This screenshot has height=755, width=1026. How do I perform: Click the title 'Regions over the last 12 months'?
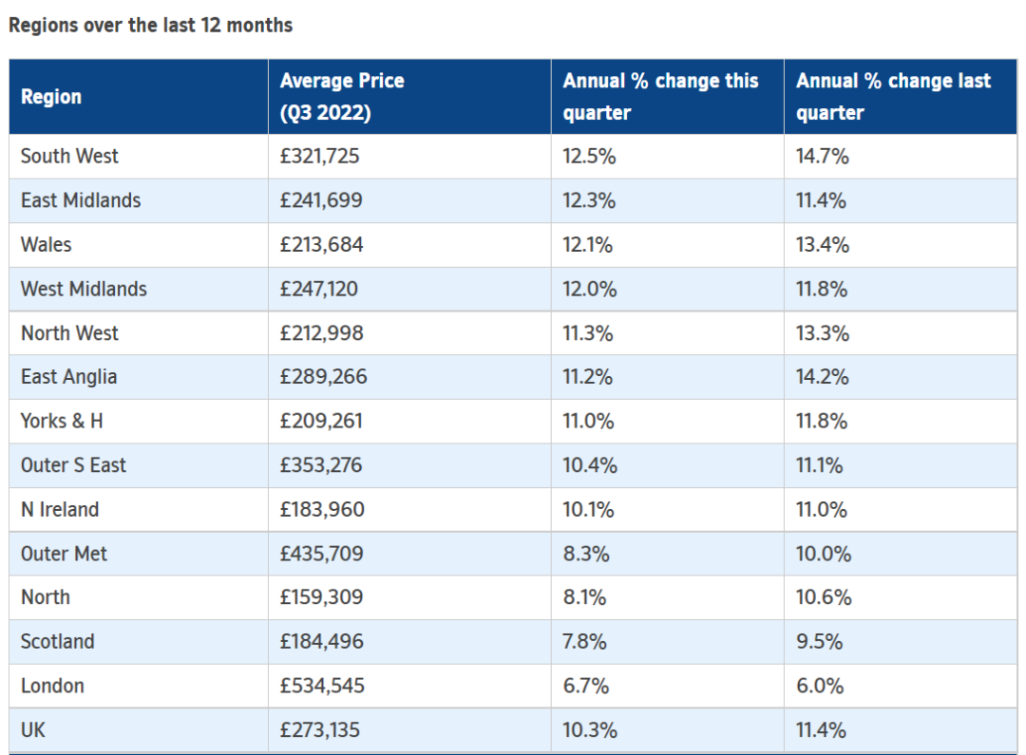[150, 26]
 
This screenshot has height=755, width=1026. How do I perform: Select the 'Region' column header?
[51, 97]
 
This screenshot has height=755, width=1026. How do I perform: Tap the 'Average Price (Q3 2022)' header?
[342, 97]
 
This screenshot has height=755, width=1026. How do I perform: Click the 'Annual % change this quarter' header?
[660, 97]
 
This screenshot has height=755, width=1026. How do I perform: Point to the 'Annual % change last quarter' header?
[893, 97]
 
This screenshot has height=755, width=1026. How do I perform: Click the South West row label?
[69, 157]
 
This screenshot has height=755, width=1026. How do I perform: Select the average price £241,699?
[321, 200]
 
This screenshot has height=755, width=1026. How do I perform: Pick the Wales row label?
[46, 245]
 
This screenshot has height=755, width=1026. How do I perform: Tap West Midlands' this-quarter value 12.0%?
[590, 289]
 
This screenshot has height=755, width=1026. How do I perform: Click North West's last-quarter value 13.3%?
[823, 333]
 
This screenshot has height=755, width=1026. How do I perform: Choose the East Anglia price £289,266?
[323, 377]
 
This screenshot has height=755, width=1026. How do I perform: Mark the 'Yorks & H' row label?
[62, 421]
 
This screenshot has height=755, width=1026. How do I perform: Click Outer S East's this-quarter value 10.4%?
[590, 465]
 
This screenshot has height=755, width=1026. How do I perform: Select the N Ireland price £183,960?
[322, 509]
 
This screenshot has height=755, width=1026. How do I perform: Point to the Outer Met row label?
[64, 554]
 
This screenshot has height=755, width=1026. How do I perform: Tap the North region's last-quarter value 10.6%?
[823, 597]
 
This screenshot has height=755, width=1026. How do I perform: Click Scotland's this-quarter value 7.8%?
[584, 641]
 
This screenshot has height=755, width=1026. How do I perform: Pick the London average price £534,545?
[322, 686]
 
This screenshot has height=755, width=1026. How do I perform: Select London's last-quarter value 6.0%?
[819, 686]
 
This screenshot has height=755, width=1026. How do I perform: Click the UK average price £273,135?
[320, 730]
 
